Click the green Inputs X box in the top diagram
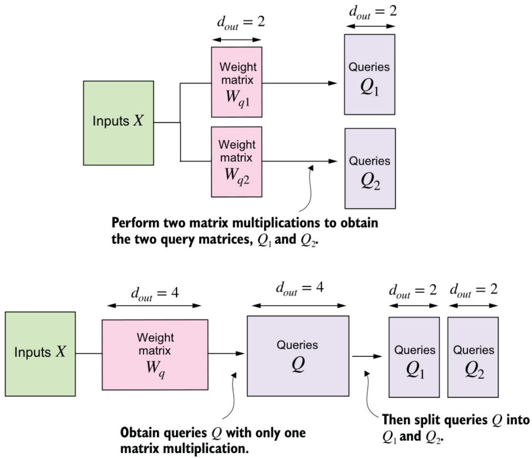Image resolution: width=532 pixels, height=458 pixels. click(118, 122)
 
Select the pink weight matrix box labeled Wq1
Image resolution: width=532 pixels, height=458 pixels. click(237, 82)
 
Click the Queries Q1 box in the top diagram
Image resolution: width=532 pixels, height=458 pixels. click(369, 74)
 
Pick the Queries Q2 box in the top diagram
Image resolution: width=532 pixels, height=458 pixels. click(370, 168)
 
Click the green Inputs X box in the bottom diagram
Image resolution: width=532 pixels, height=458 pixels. click(40, 353)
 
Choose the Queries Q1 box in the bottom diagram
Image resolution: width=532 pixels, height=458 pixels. click(414, 357)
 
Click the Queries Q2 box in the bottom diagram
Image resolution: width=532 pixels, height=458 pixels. click(473, 357)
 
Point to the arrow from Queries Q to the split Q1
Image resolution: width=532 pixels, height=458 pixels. click(366, 356)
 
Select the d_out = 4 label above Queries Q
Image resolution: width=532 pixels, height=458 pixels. click(298, 289)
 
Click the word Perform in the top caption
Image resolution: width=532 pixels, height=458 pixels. click(133, 223)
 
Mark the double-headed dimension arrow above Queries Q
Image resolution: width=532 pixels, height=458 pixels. click(298, 305)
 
